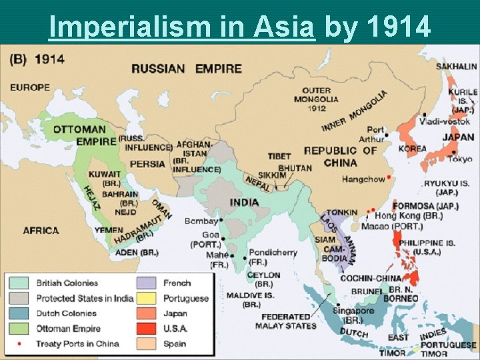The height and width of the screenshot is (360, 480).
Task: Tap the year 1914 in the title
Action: click(x=398, y=26)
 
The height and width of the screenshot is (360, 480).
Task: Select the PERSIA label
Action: click(x=148, y=163)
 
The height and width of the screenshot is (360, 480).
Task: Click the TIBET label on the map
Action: click(x=280, y=156)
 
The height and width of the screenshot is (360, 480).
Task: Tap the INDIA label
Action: click(x=245, y=202)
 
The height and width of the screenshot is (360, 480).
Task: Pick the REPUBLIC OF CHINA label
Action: click(x=340, y=156)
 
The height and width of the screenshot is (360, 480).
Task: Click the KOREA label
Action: click(x=412, y=149)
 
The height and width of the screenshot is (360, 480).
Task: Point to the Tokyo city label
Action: click(x=460, y=159)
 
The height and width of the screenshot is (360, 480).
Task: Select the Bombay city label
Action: click(x=201, y=221)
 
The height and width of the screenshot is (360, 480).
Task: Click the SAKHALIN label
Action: click(x=456, y=66)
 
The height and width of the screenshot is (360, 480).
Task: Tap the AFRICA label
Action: click(x=41, y=231)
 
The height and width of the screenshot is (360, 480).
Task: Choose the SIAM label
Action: click(x=325, y=239)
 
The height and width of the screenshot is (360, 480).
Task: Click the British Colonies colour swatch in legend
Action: click(x=19, y=283)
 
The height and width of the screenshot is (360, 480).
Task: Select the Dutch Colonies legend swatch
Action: click(x=19, y=313)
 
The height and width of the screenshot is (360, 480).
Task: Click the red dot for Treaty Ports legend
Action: click(x=19, y=344)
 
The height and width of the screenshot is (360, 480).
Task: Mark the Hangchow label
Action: click(x=363, y=179)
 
